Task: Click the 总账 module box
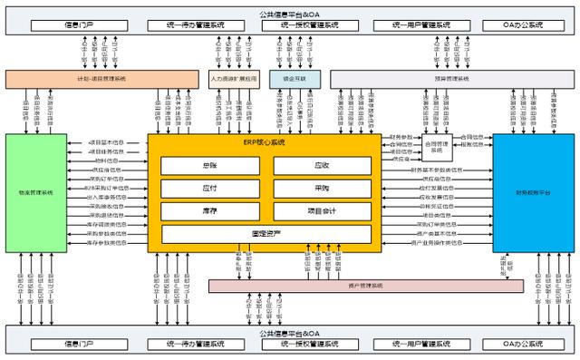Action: pyautogui.click(x=210, y=165)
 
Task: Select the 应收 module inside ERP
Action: pyautogui.click(x=322, y=165)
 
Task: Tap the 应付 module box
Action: pyautogui.click(x=210, y=188)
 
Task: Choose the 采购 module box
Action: pyautogui.click(x=322, y=188)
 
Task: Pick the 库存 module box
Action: pyautogui.click(x=210, y=210)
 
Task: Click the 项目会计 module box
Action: pyautogui.click(x=322, y=210)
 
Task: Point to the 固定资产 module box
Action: pyautogui.click(x=266, y=234)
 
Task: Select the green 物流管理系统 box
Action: pyautogui.click(x=35, y=192)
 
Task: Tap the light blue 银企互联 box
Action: pyautogui.click(x=287, y=79)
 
